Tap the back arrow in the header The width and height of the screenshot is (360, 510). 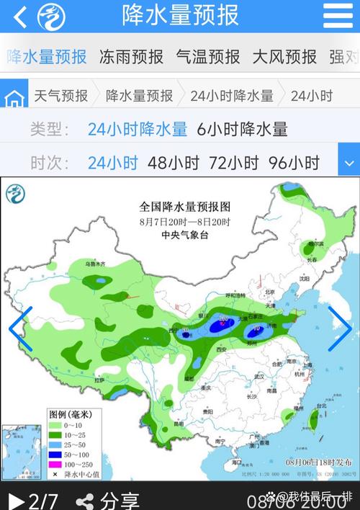19,17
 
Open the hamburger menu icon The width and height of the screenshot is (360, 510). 338,15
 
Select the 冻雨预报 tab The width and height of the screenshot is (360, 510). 131,57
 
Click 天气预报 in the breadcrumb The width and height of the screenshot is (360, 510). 61,96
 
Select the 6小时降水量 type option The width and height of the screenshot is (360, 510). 242,130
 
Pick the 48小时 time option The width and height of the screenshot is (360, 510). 173,163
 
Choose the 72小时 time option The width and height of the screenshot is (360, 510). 233,163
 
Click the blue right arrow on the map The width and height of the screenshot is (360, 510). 338,328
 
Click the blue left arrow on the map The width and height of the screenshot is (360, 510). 20,328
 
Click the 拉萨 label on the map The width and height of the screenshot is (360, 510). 99,379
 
